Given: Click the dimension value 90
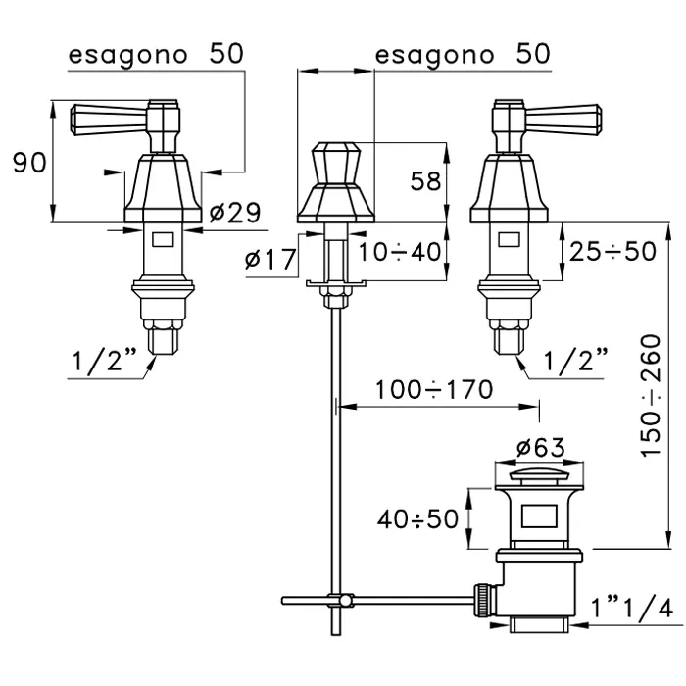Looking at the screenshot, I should pos(29,163).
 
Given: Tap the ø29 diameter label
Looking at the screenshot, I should pos(235,212).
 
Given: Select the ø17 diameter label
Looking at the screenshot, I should pos(268,260).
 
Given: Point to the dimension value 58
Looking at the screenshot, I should pos(423,181).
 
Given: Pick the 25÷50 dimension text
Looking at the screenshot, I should pos(612,252).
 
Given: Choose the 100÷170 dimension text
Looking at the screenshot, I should pos(434,390).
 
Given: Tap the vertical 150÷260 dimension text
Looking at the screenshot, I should pos(650,392).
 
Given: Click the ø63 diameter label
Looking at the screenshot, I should pos(538,448).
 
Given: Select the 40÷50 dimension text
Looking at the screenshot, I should pos(418,517).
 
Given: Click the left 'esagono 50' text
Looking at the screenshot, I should pos(155,54).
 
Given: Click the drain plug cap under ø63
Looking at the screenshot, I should pos(538,477).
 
